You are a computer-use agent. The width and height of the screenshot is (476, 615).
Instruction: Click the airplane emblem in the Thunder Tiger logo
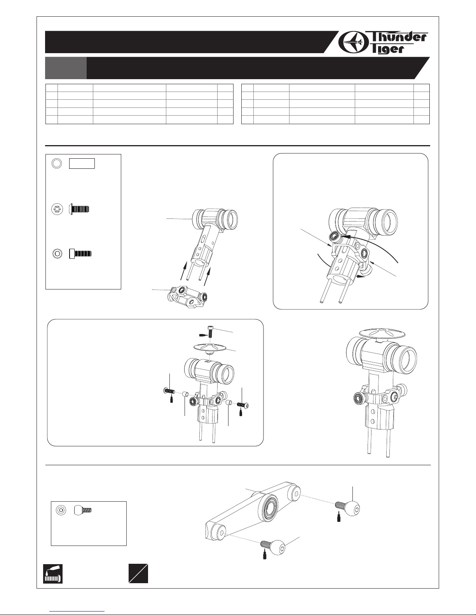tap(353, 42)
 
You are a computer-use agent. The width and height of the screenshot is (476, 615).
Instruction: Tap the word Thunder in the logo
tap(398, 37)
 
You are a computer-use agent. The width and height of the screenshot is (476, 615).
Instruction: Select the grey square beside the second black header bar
tap(66, 68)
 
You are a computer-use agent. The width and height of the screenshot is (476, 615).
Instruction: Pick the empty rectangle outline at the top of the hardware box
tap(82, 164)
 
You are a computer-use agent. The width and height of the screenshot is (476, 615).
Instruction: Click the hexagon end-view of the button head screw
tap(57, 210)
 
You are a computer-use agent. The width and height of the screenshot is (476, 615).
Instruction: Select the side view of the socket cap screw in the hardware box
tap(80, 254)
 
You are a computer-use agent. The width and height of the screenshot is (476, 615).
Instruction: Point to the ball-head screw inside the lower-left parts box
tap(83, 510)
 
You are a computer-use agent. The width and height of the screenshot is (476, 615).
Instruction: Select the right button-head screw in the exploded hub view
tap(243, 405)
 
